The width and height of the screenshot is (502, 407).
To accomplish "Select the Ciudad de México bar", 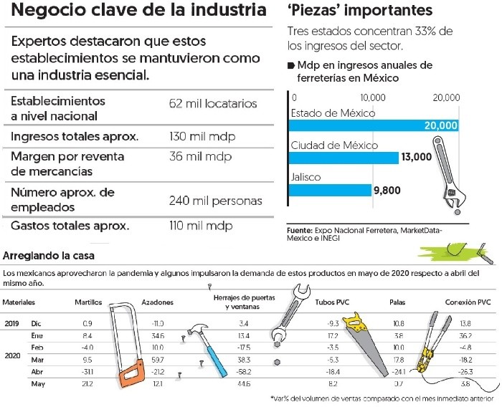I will (343, 158).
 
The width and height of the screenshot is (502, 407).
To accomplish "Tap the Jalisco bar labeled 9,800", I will (330, 190).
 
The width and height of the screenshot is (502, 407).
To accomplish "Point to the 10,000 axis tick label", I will (373, 97).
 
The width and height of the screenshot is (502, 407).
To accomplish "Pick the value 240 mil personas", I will (215, 201).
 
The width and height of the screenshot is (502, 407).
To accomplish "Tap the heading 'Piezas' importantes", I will (359, 11).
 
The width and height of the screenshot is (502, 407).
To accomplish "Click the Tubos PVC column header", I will (329, 302).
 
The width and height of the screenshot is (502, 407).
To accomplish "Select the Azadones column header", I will (158, 302).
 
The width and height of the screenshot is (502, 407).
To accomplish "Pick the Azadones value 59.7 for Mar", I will (158, 359).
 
